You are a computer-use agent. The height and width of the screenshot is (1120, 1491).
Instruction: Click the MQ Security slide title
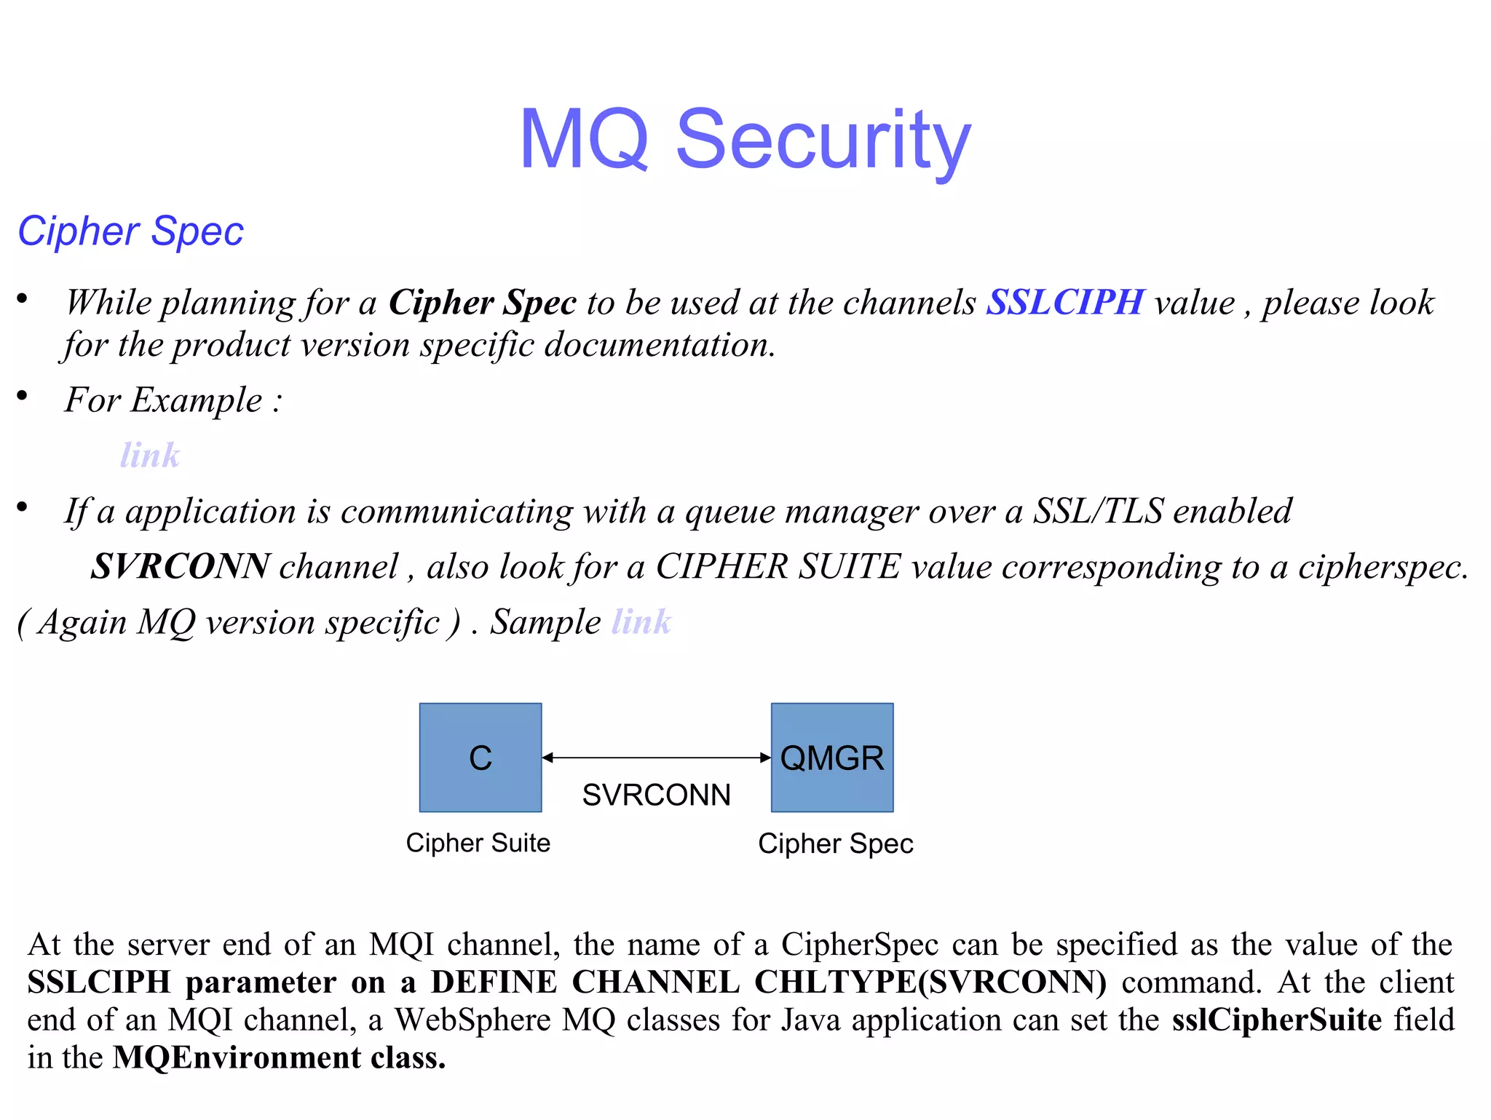745,139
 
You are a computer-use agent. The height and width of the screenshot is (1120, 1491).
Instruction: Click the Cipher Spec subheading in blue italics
130,231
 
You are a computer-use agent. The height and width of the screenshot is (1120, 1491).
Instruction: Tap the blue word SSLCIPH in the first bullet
1064,302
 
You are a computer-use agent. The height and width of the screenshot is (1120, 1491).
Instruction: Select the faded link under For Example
150,456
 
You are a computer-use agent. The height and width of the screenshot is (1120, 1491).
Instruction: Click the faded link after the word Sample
641,622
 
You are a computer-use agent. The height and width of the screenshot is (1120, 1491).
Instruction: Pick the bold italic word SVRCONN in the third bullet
180,566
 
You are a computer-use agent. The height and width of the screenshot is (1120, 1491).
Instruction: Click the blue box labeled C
480,757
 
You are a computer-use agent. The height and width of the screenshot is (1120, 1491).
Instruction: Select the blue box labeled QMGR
832,757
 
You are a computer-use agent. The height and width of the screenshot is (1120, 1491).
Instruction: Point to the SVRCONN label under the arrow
656,795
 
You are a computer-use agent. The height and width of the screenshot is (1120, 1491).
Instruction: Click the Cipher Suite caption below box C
478,843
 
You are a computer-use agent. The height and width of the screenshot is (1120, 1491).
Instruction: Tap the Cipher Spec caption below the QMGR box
835,843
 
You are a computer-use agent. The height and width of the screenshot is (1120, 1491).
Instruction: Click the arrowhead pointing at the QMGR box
765,758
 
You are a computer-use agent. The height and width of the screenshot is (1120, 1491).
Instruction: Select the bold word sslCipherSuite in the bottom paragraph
1276,1020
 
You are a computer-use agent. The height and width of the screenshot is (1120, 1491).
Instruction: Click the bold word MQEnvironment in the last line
237,1057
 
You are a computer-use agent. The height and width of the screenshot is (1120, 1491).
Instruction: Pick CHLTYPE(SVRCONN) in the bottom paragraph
930,982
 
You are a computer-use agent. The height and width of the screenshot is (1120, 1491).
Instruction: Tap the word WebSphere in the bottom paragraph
472,1020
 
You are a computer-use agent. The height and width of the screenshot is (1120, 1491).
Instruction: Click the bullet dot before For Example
23,395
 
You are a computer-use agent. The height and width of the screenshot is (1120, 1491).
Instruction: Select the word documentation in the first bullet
659,345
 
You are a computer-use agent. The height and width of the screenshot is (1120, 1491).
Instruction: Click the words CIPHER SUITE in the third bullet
778,566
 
